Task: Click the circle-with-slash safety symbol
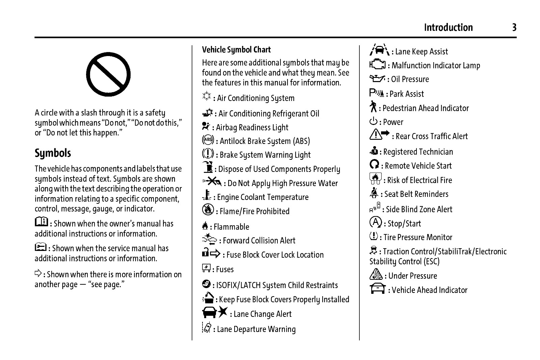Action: tap(108, 74)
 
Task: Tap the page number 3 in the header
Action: tap(514, 27)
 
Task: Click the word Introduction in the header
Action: tap(448, 27)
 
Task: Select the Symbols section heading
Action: tap(53, 153)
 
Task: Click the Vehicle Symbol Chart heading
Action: tap(236, 50)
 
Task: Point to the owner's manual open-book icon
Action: tap(42, 222)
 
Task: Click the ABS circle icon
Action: tap(208, 140)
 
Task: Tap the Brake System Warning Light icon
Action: tap(208, 154)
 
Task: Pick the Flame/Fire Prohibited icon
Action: tap(208, 210)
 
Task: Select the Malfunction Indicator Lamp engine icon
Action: tap(377, 64)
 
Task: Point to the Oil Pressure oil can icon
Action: tap(377, 79)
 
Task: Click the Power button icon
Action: tap(373, 121)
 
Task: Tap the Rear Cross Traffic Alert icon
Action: tap(379, 135)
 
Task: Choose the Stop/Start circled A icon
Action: tap(375, 222)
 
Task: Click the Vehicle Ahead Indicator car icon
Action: tap(378, 289)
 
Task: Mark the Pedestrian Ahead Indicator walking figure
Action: tap(373, 107)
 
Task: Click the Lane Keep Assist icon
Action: tap(379, 50)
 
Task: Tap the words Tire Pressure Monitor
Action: tap(418, 237)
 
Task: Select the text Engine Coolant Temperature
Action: tap(263, 197)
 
